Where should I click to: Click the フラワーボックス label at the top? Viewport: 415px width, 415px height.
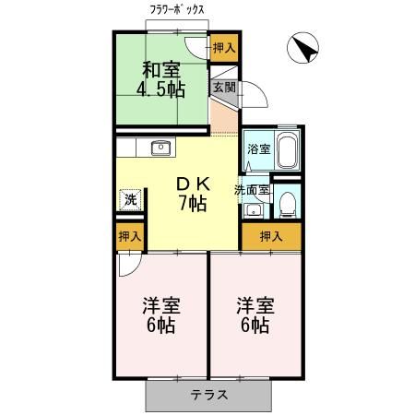pyautogui.click(x=177, y=10)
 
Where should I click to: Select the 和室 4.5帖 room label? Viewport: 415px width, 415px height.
pyautogui.click(x=160, y=80)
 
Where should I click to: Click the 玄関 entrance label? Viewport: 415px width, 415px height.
pyautogui.click(x=224, y=88)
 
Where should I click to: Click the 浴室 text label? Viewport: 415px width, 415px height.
pyautogui.click(x=259, y=149)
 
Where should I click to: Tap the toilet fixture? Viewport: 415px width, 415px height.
pyautogui.click(x=288, y=205)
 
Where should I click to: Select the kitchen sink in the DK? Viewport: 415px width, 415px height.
pyautogui.click(x=160, y=148)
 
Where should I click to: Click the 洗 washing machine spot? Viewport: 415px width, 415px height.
pyautogui.click(x=130, y=200)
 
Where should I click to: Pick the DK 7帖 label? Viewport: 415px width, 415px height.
pyautogui.click(x=193, y=195)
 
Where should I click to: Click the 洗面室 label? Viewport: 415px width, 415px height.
pyautogui.click(x=252, y=190)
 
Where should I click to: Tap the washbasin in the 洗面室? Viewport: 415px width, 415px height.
pyautogui.click(x=254, y=210)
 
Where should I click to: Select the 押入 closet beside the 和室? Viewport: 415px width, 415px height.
pyautogui.click(x=224, y=48)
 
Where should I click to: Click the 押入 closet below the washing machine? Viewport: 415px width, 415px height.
pyautogui.click(x=130, y=237)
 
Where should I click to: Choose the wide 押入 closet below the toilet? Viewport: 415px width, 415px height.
pyautogui.click(x=271, y=236)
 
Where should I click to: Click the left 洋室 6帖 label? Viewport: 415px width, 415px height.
pyautogui.click(x=161, y=315)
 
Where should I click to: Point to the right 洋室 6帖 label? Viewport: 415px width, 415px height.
pyautogui.click(x=255, y=315)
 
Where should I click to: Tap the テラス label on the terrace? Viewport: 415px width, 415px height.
pyautogui.click(x=209, y=395)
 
